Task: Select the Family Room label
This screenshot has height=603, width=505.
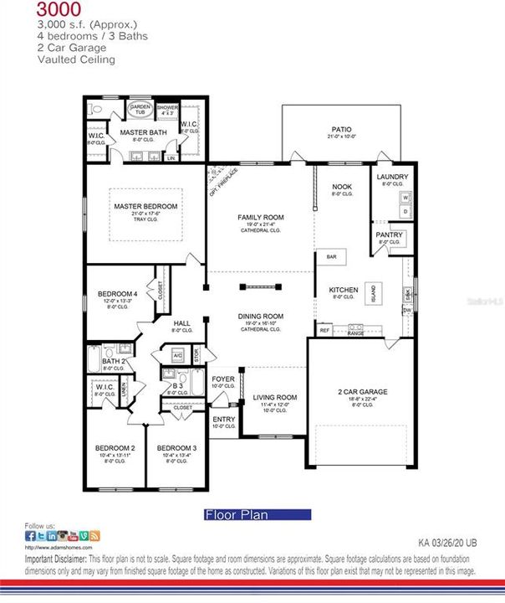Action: pyautogui.click(x=261, y=217)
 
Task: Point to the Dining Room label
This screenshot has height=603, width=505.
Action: pyautogui.click(x=261, y=316)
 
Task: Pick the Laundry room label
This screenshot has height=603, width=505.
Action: pyautogui.click(x=391, y=177)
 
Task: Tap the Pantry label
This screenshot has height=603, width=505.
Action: pyautogui.click(x=390, y=234)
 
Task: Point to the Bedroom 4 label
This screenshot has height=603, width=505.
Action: pyautogui.click(x=117, y=293)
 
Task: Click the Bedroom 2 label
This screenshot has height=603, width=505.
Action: pyautogui.click(x=115, y=448)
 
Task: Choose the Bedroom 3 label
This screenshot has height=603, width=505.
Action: pyautogui.click(x=176, y=448)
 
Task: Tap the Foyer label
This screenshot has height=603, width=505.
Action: pyautogui.click(x=223, y=379)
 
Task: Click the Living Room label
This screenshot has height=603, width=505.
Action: pyautogui.click(x=275, y=397)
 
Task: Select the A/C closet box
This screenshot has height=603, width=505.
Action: pyautogui.click(x=178, y=355)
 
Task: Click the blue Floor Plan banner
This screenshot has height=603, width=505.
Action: pyautogui.click(x=258, y=515)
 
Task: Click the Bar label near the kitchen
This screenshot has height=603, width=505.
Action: pyautogui.click(x=331, y=256)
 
